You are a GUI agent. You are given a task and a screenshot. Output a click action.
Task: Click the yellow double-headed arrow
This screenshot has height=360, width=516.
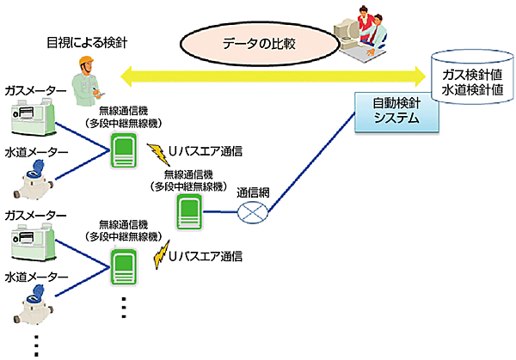(275, 79)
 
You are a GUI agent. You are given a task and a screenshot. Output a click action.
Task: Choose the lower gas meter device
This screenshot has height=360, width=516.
(32, 241)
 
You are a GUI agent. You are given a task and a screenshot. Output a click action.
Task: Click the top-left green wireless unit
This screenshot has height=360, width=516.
(124, 151)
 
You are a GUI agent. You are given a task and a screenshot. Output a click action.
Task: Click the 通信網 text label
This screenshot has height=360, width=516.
(254, 192)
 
